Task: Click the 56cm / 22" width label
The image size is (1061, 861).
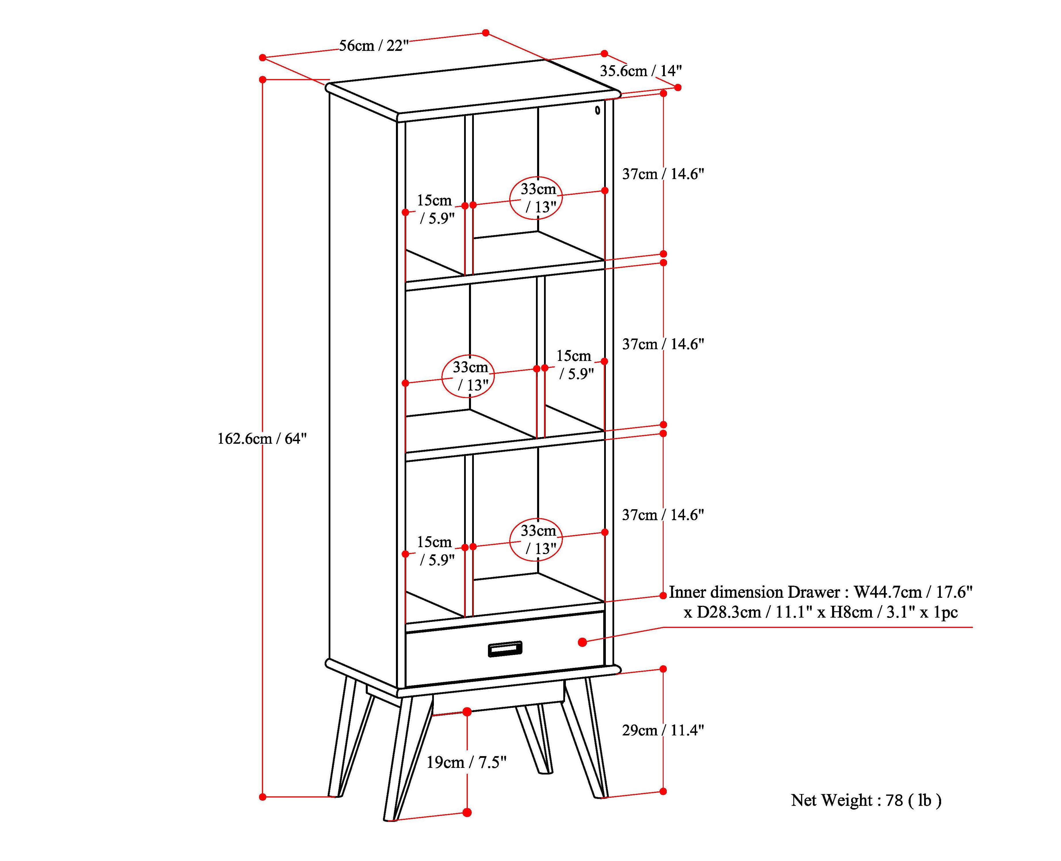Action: tap(374, 46)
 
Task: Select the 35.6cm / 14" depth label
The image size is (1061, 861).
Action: tap(640, 71)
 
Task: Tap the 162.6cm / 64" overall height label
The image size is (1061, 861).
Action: tap(262, 439)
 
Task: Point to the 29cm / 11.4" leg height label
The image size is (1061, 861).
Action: tap(663, 730)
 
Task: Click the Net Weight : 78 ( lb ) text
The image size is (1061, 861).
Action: tap(866, 800)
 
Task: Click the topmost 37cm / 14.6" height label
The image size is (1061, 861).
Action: tap(663, 174)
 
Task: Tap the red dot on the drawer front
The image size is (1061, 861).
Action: tap(583, 642)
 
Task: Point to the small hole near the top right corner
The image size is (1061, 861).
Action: tap(597, 110)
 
